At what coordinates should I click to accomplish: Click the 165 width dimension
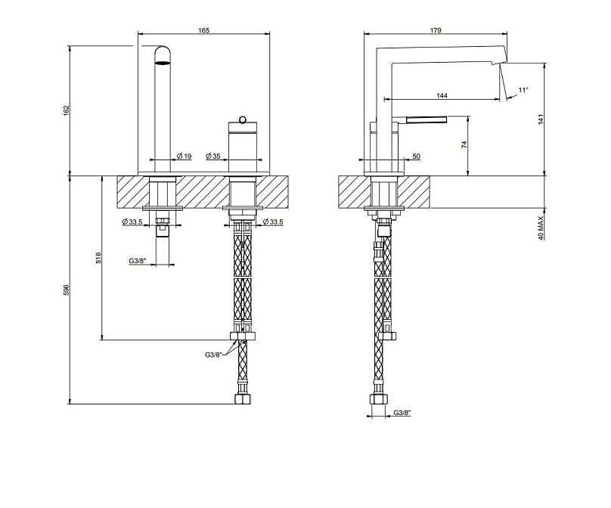click(204, 30)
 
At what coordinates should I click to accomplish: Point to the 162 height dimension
click(66, 110)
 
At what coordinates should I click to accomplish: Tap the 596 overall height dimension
click(66, 290)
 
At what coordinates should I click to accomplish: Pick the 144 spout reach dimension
click(442, 95)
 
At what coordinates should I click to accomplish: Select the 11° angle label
click(523, 90)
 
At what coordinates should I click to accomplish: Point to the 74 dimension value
click(464, 146)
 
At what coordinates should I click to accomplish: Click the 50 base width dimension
click(416, 157)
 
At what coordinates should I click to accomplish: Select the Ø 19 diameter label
click(184, 156)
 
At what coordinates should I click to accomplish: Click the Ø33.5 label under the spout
click(132, 222)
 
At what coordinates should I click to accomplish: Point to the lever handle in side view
click(426, 119)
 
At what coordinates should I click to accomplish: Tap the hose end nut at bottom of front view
click(243, 398)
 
